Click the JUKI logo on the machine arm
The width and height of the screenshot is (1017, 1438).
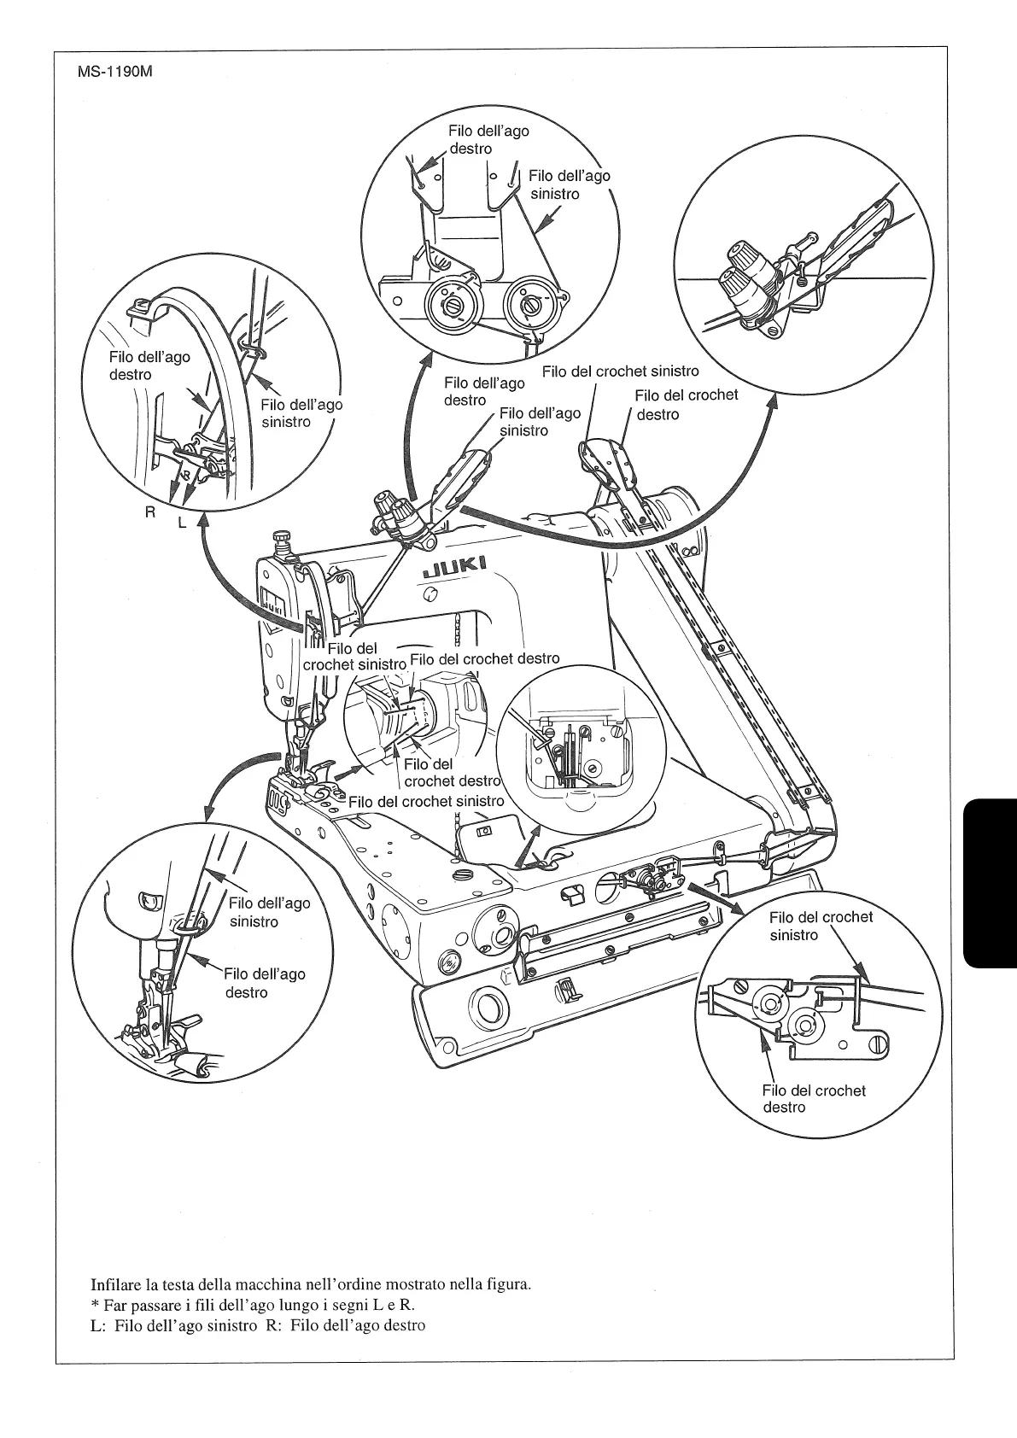[x=454, y=566]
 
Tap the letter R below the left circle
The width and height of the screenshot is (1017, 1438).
[x=150, y=513]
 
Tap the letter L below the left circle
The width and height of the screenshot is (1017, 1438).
[x=182, y=523]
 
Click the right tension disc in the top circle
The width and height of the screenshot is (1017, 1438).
[x=527, y=301]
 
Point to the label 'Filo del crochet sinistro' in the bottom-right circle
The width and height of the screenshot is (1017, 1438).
[x=821, y=926]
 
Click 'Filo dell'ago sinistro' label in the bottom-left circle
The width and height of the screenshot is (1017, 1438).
[x=269, y=912]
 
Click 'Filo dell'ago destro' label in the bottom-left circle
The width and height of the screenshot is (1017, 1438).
[x=264, y=983]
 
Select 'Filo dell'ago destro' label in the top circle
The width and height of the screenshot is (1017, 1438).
[x=488, y=139]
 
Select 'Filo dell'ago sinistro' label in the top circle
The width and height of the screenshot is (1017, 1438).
[x=569, y=184]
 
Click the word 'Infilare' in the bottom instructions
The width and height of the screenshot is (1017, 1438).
[x=115, y=1284]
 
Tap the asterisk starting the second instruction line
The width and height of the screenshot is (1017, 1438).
[x=95, y=1306]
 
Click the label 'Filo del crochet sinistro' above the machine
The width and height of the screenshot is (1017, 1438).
[x=620, y=371]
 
